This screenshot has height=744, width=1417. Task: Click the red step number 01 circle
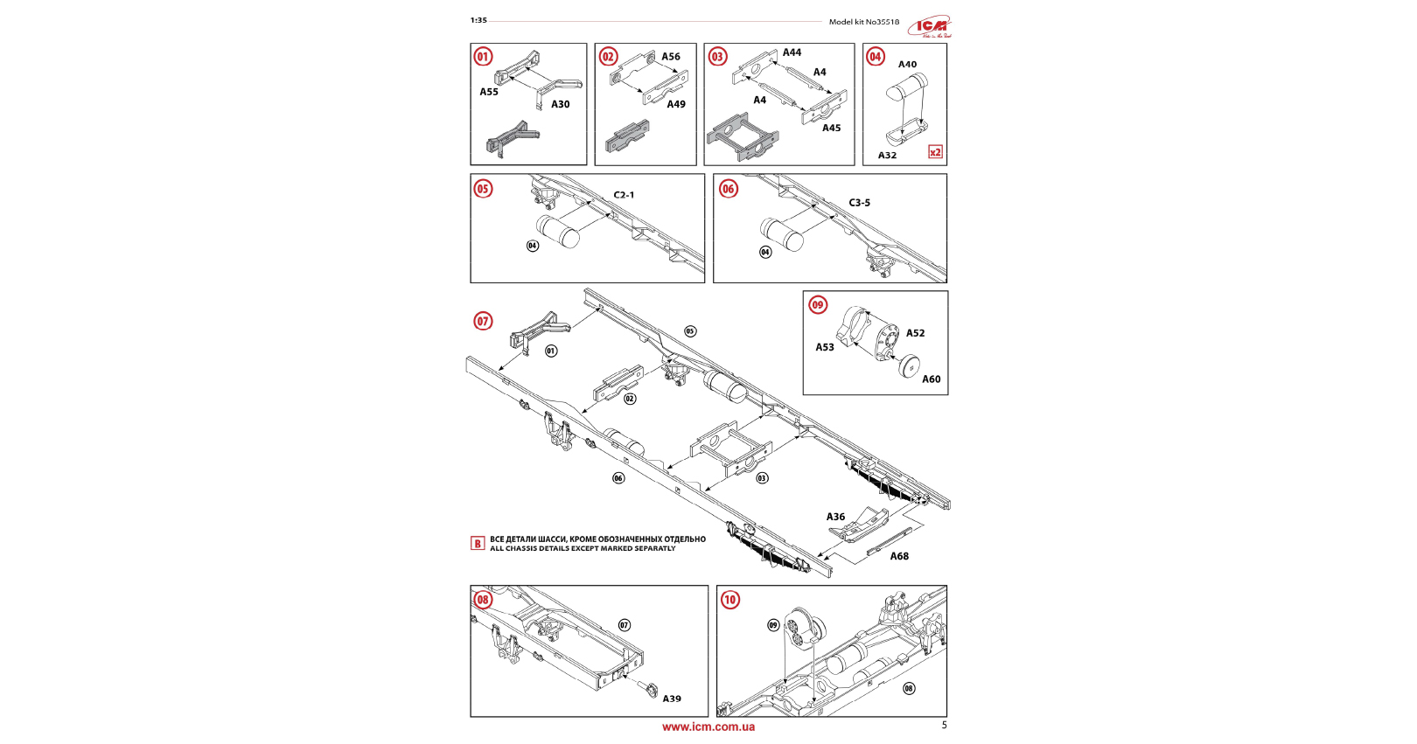pyautogui.click(x=483, y=57)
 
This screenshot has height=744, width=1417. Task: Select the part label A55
pyautogui.click(x=489, y=92)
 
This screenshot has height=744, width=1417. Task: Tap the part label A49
pyautogui.click(x=676, y=104)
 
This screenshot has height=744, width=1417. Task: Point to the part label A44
pyautogui.click(x=792, y=52)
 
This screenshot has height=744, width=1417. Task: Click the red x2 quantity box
pyautogui.click(x=935, y=152)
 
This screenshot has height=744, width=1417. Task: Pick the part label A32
pyautogui.click(x=887, y=156)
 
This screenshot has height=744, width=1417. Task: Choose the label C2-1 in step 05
pyautogui.click(x=624, y=195)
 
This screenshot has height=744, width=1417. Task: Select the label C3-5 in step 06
pyautogui.click(x=859, y=203)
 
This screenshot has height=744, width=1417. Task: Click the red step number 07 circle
pyautogui.click(x=483, y=322)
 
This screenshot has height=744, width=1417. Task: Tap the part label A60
pyautogui.click(x=931, y=379)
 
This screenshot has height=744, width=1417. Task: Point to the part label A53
pyautogui.click(x=825, y=347)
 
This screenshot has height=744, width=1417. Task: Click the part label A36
pyautogui.click(x=835, y=517)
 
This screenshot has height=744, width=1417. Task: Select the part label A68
pyautogui.click(x=899, y=556)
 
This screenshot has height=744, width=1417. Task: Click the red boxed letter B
pyautogui.click(x=478, y=544)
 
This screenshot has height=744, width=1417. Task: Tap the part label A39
pyautogui.click(x=672, y=699)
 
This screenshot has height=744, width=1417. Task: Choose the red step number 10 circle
pyautogui.click(x=729, y=600)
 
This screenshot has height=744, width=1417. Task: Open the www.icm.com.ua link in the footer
pyautogui.click(x=708, y=727)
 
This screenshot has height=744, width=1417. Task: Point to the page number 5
pyautogui.click(x=944, y=725)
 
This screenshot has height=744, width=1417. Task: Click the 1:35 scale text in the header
pyautogui.click(x=478, y=20)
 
